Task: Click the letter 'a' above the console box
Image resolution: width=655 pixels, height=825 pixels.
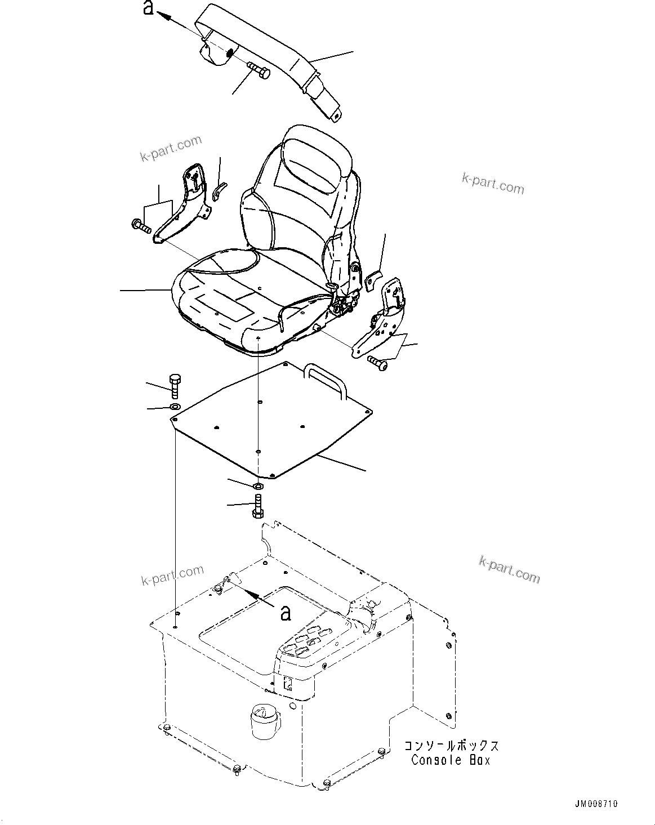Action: [286, 613]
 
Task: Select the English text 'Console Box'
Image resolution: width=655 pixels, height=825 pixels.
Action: [451, 760]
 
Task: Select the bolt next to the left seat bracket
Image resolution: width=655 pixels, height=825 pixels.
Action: [141, 226]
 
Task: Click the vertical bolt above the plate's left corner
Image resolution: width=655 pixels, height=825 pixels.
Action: [175, 385]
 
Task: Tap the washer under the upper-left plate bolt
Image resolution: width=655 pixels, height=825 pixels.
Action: [175, 407]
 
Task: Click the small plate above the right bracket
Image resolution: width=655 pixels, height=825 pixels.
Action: [373, 280]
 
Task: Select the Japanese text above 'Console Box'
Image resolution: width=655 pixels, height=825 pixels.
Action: [451, 746]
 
